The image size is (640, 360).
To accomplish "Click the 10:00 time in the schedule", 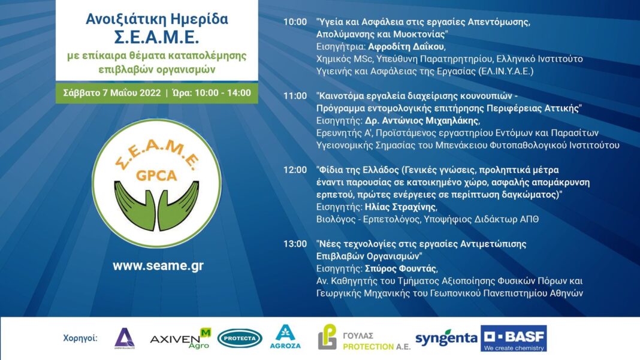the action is click(x=295, y=22).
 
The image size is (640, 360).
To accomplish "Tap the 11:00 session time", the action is click(x=295, y=96).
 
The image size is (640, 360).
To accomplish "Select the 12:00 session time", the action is click(x=295, y=170).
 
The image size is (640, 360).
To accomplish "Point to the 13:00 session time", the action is click(x=295, y=244).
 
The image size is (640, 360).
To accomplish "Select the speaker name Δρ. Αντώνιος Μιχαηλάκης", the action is click(x=422, y=121).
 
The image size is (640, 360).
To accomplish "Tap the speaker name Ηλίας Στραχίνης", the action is click(x=400, y=207).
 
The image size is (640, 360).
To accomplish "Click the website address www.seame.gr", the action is click(x=158, y=266).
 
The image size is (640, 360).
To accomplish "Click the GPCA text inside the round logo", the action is click(x=156, y=176).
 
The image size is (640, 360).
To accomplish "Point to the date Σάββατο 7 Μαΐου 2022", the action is click(x=112, y=93).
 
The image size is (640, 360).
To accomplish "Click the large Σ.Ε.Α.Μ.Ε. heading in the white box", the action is click(x=157, y=37).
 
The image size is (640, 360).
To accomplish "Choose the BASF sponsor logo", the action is click(x=514, y=338).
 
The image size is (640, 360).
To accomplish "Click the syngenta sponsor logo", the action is click(x=446, y=338).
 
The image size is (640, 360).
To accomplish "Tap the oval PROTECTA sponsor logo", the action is click(x=240, y=338).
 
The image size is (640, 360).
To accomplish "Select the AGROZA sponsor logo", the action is click(x=285, y=337).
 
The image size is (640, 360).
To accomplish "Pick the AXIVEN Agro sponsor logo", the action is click(x=180, y=338).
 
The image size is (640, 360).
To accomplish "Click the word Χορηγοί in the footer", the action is click(x=80, y=338).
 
